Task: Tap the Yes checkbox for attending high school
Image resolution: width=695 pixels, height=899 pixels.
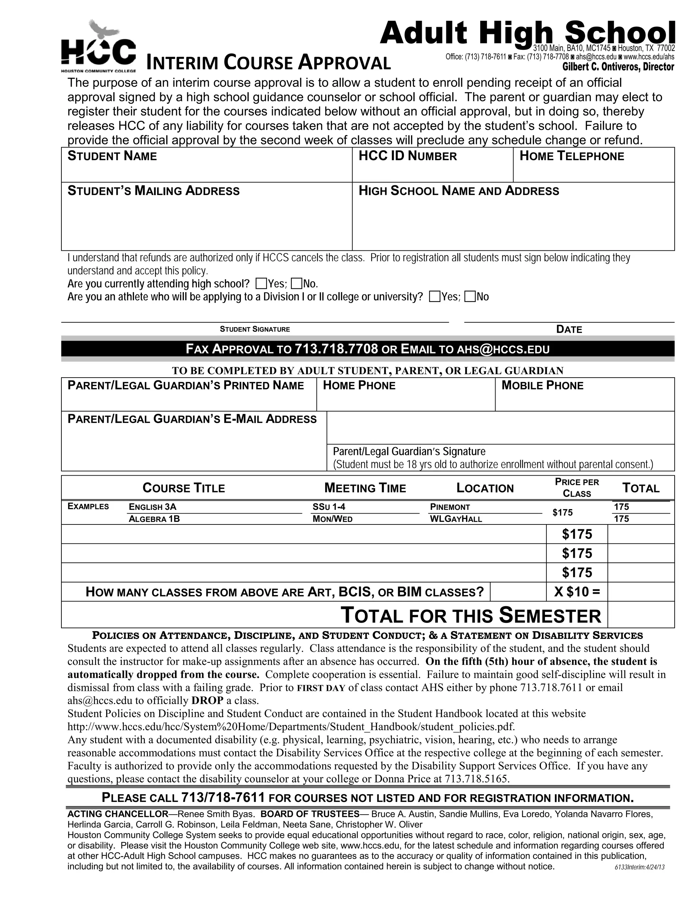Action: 261,284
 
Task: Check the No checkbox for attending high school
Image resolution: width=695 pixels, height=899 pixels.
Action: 296,284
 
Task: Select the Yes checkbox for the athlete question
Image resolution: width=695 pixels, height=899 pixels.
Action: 434,297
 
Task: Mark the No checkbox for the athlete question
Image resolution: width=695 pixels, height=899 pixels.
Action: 469,297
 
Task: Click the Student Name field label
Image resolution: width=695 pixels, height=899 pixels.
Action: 112,156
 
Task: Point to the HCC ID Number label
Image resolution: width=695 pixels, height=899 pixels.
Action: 408,156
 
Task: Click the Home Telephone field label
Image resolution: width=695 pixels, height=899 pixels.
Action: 571,156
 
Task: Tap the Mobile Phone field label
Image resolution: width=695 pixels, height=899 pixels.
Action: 542,386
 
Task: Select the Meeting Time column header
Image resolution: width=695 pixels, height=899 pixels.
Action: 365,488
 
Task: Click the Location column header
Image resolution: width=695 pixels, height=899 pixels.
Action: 485,488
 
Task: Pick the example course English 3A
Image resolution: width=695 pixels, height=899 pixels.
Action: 152,507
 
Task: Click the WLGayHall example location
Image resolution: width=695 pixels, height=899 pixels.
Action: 455,519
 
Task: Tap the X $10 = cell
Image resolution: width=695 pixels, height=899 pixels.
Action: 577,592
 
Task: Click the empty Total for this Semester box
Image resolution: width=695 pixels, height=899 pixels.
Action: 641,615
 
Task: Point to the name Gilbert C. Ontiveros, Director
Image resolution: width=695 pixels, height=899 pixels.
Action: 618,67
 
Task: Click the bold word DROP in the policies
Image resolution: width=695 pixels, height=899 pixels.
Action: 207,700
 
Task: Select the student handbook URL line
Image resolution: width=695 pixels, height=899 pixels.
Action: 291,726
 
